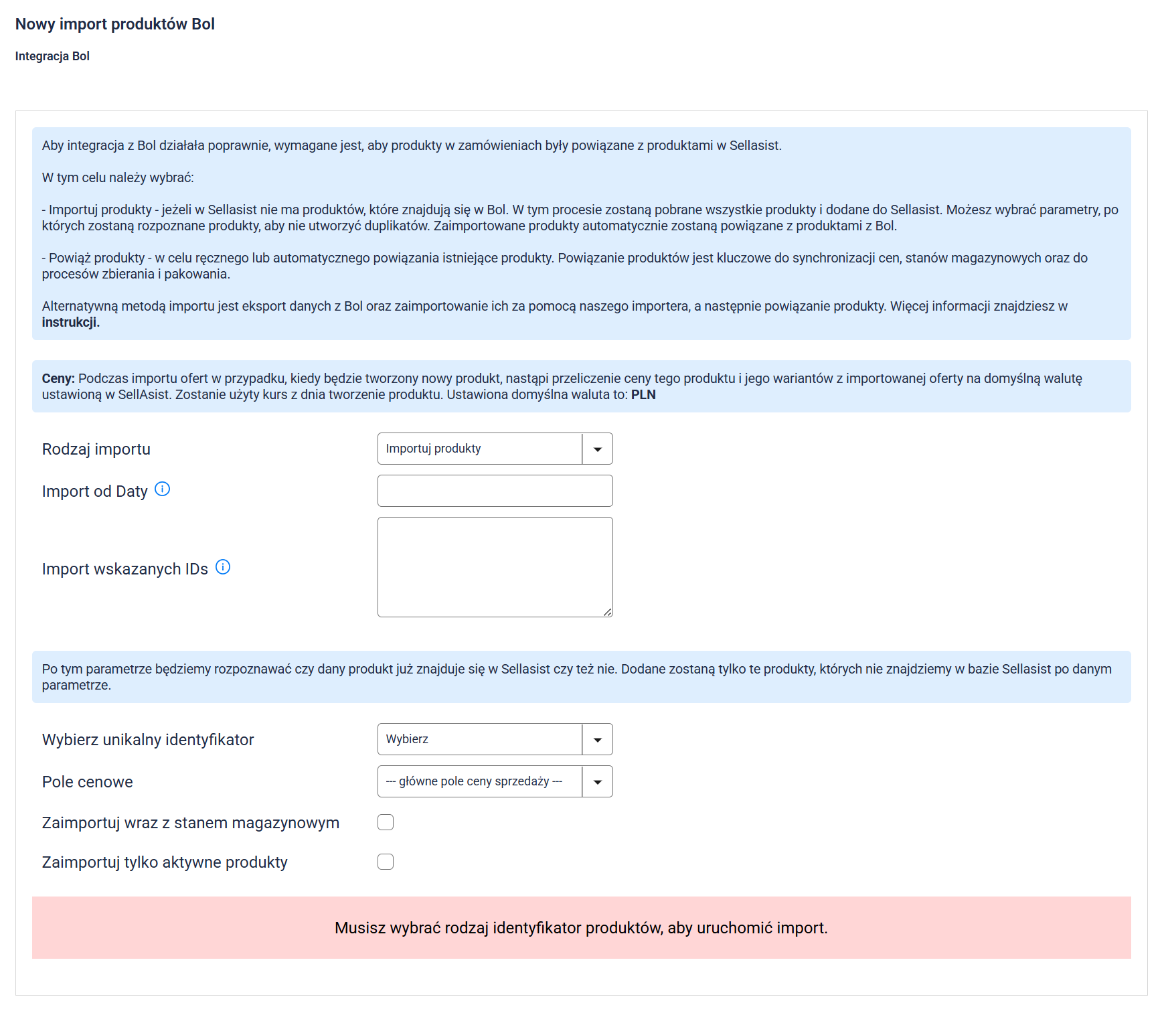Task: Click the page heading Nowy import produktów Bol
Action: point(114,24)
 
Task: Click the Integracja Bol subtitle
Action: point(52,56)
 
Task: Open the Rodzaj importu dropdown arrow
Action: point(597,449)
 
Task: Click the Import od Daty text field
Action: point(495,491)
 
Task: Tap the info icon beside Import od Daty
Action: point(162,489)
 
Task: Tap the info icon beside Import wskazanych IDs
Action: point(223,567)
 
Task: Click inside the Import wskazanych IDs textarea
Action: point(495,566)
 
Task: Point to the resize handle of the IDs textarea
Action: point(608,612)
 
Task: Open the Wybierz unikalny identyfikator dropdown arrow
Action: point(597,740)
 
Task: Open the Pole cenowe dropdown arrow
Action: point(597,782)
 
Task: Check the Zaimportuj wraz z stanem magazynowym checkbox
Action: point(386,822)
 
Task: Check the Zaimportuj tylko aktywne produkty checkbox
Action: point(386,862)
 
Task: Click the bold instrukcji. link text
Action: point(70,322)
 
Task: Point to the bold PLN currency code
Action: point(643,394)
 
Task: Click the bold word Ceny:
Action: point(58,378)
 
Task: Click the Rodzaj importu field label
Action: point(96,449)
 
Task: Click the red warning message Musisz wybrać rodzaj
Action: point(581,928)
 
